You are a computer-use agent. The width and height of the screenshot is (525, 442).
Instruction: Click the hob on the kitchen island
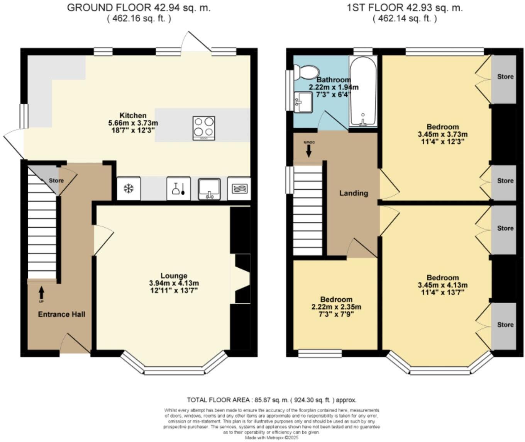pos(203,128)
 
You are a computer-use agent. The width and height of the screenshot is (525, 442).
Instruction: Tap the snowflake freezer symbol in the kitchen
pos(128,189)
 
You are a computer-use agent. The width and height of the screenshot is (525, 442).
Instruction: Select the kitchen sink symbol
pos(209,189)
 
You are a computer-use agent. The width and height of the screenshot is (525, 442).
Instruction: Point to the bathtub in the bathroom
pos(363,92)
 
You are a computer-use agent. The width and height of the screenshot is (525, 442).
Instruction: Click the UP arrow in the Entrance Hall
pos(41,292)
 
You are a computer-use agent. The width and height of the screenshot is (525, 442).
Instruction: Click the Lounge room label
pos(174,275)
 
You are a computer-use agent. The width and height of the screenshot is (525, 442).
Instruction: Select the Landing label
pos(353,193)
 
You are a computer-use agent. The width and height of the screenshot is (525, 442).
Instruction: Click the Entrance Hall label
pos(61,314)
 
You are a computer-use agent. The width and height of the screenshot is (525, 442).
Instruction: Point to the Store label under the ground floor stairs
pos(56,180)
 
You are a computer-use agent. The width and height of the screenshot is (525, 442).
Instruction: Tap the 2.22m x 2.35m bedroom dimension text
pos(336,307)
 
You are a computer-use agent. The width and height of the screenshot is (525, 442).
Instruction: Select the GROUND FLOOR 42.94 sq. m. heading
pos(139,8)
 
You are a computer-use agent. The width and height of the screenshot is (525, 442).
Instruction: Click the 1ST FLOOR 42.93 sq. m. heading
pos(405,8)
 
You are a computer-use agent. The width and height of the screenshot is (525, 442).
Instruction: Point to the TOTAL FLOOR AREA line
pos(271,400)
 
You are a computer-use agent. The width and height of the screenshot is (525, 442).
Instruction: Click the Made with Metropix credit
pos(271,438)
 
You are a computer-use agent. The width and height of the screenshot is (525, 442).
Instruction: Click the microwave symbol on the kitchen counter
pos(239,189)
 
